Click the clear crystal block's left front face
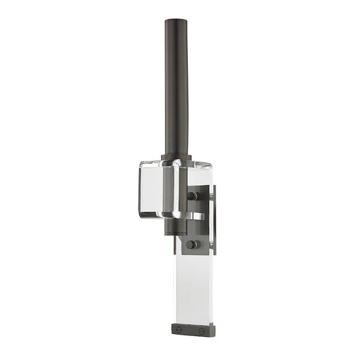click(151, 188)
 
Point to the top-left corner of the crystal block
click(141, 163)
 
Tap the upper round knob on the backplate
click(191, 196)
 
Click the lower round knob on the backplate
click(190, 245)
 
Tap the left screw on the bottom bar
click(179, 328)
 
